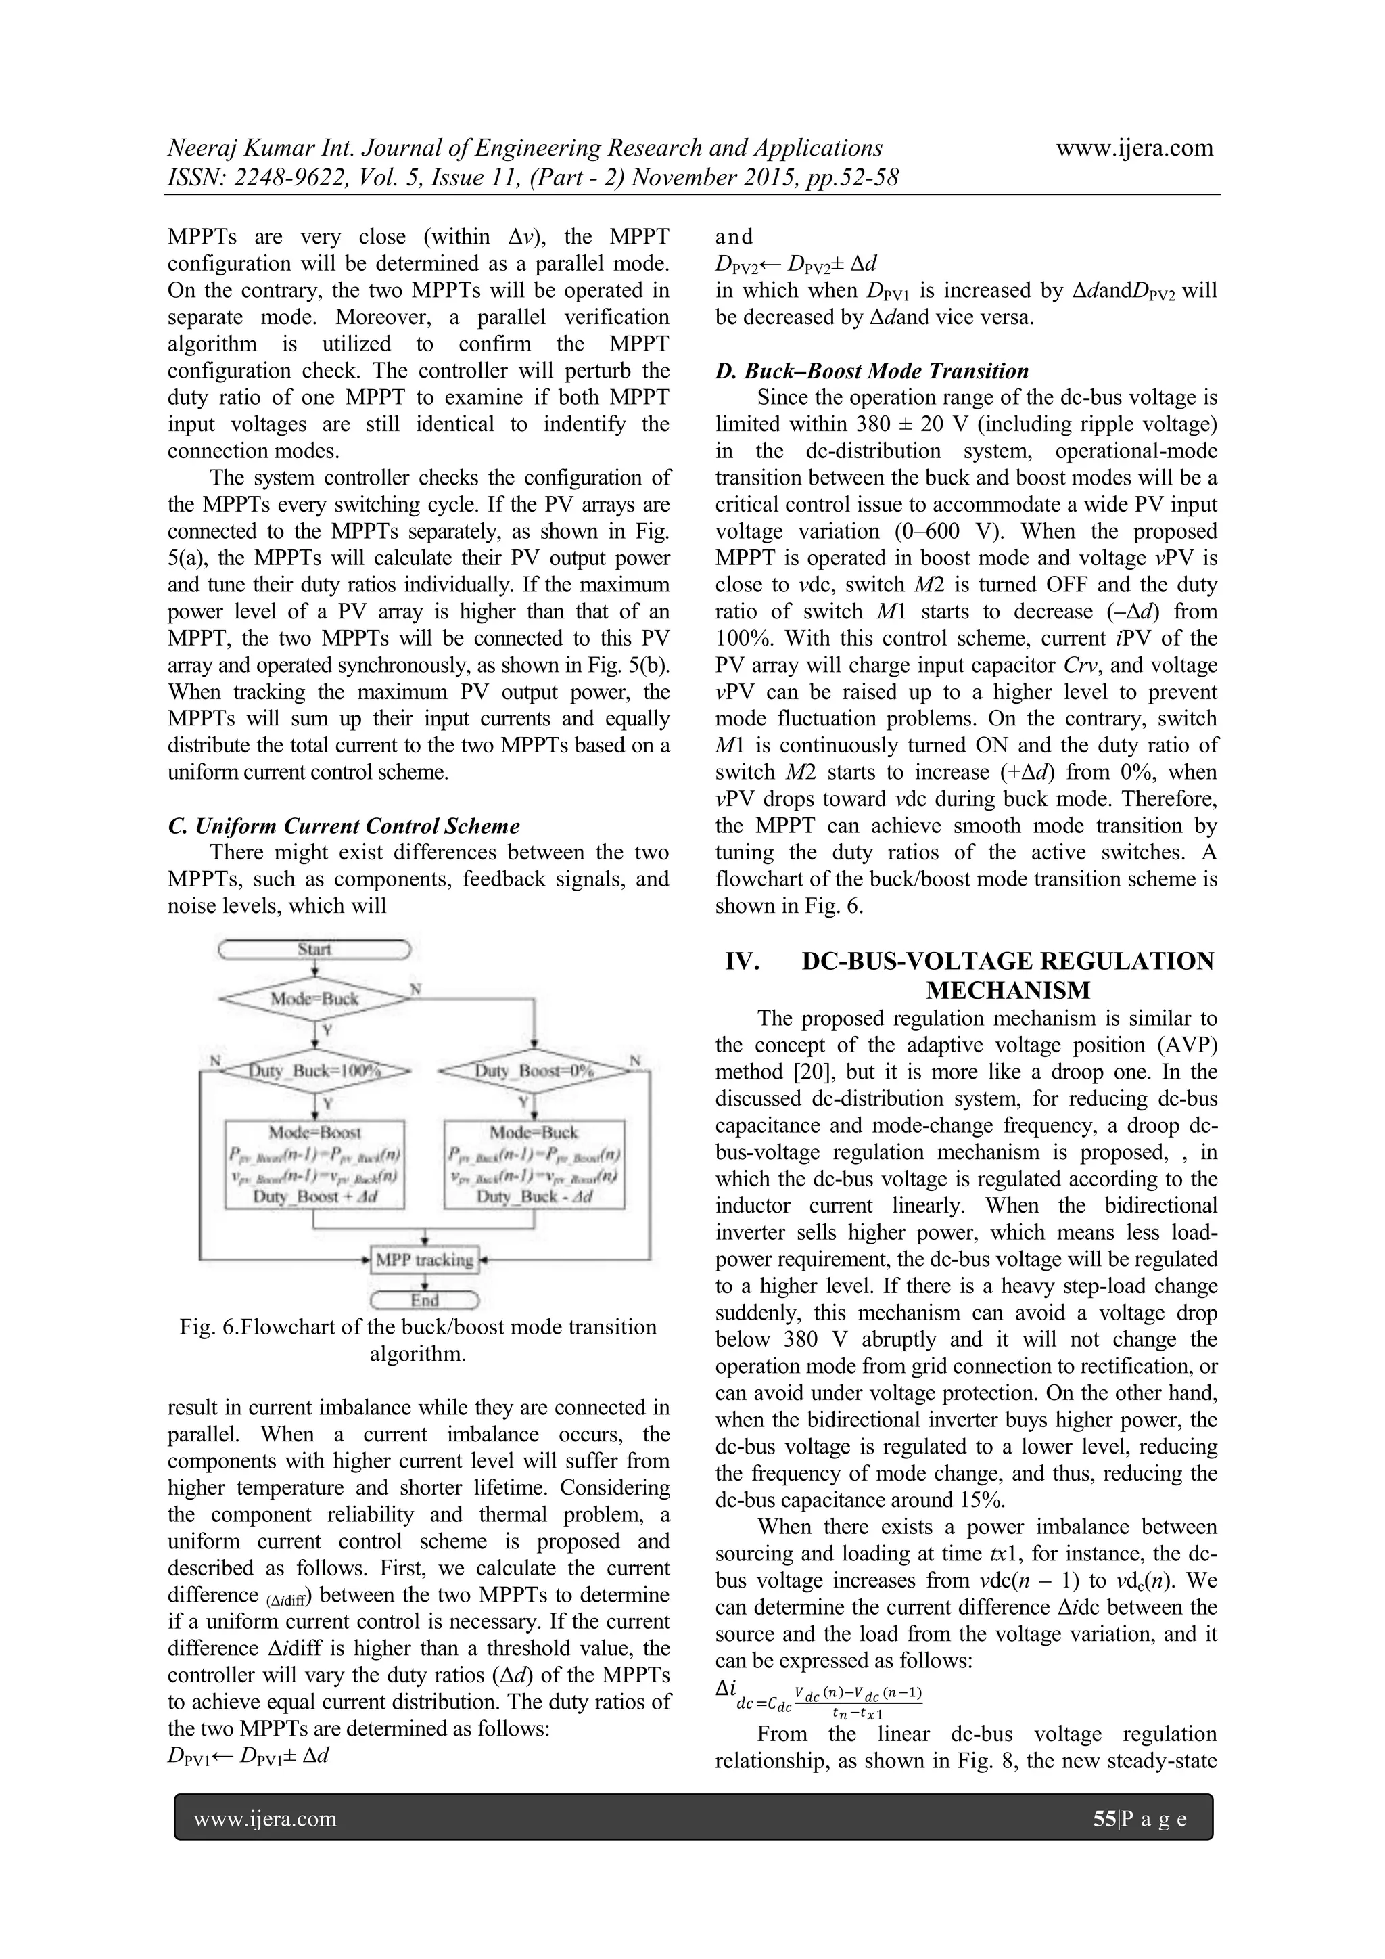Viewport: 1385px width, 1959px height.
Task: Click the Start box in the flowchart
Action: (314, 949)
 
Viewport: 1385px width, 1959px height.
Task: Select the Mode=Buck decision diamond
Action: (314, 998)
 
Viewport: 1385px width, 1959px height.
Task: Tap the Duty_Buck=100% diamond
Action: (314, 1070)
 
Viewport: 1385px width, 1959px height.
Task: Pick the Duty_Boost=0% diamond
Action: (534, 1070)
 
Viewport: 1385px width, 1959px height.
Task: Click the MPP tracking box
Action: (425, 1259)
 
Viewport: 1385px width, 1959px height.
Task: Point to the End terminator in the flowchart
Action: (425, 1301)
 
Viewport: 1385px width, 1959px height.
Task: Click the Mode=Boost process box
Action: (314, 1164)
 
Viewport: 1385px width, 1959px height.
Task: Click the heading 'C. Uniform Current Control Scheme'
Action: (344, 826)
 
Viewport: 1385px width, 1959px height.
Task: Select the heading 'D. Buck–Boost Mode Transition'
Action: (872, 371)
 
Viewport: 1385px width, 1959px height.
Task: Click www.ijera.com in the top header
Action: (1134, 148)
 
